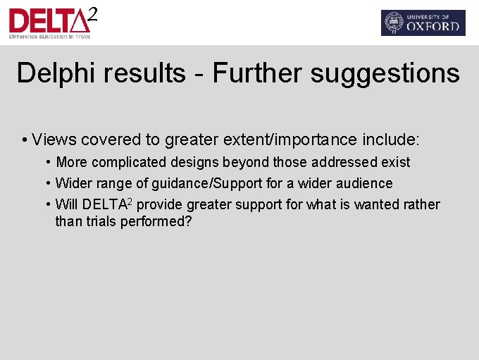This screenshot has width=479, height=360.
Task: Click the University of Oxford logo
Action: tap(423, 23)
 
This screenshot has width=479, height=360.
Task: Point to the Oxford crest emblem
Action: tap(393, 23)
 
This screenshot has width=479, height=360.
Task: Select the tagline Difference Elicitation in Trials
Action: tap(49, 35)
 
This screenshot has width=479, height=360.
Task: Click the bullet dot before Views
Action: tap(25, 139)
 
